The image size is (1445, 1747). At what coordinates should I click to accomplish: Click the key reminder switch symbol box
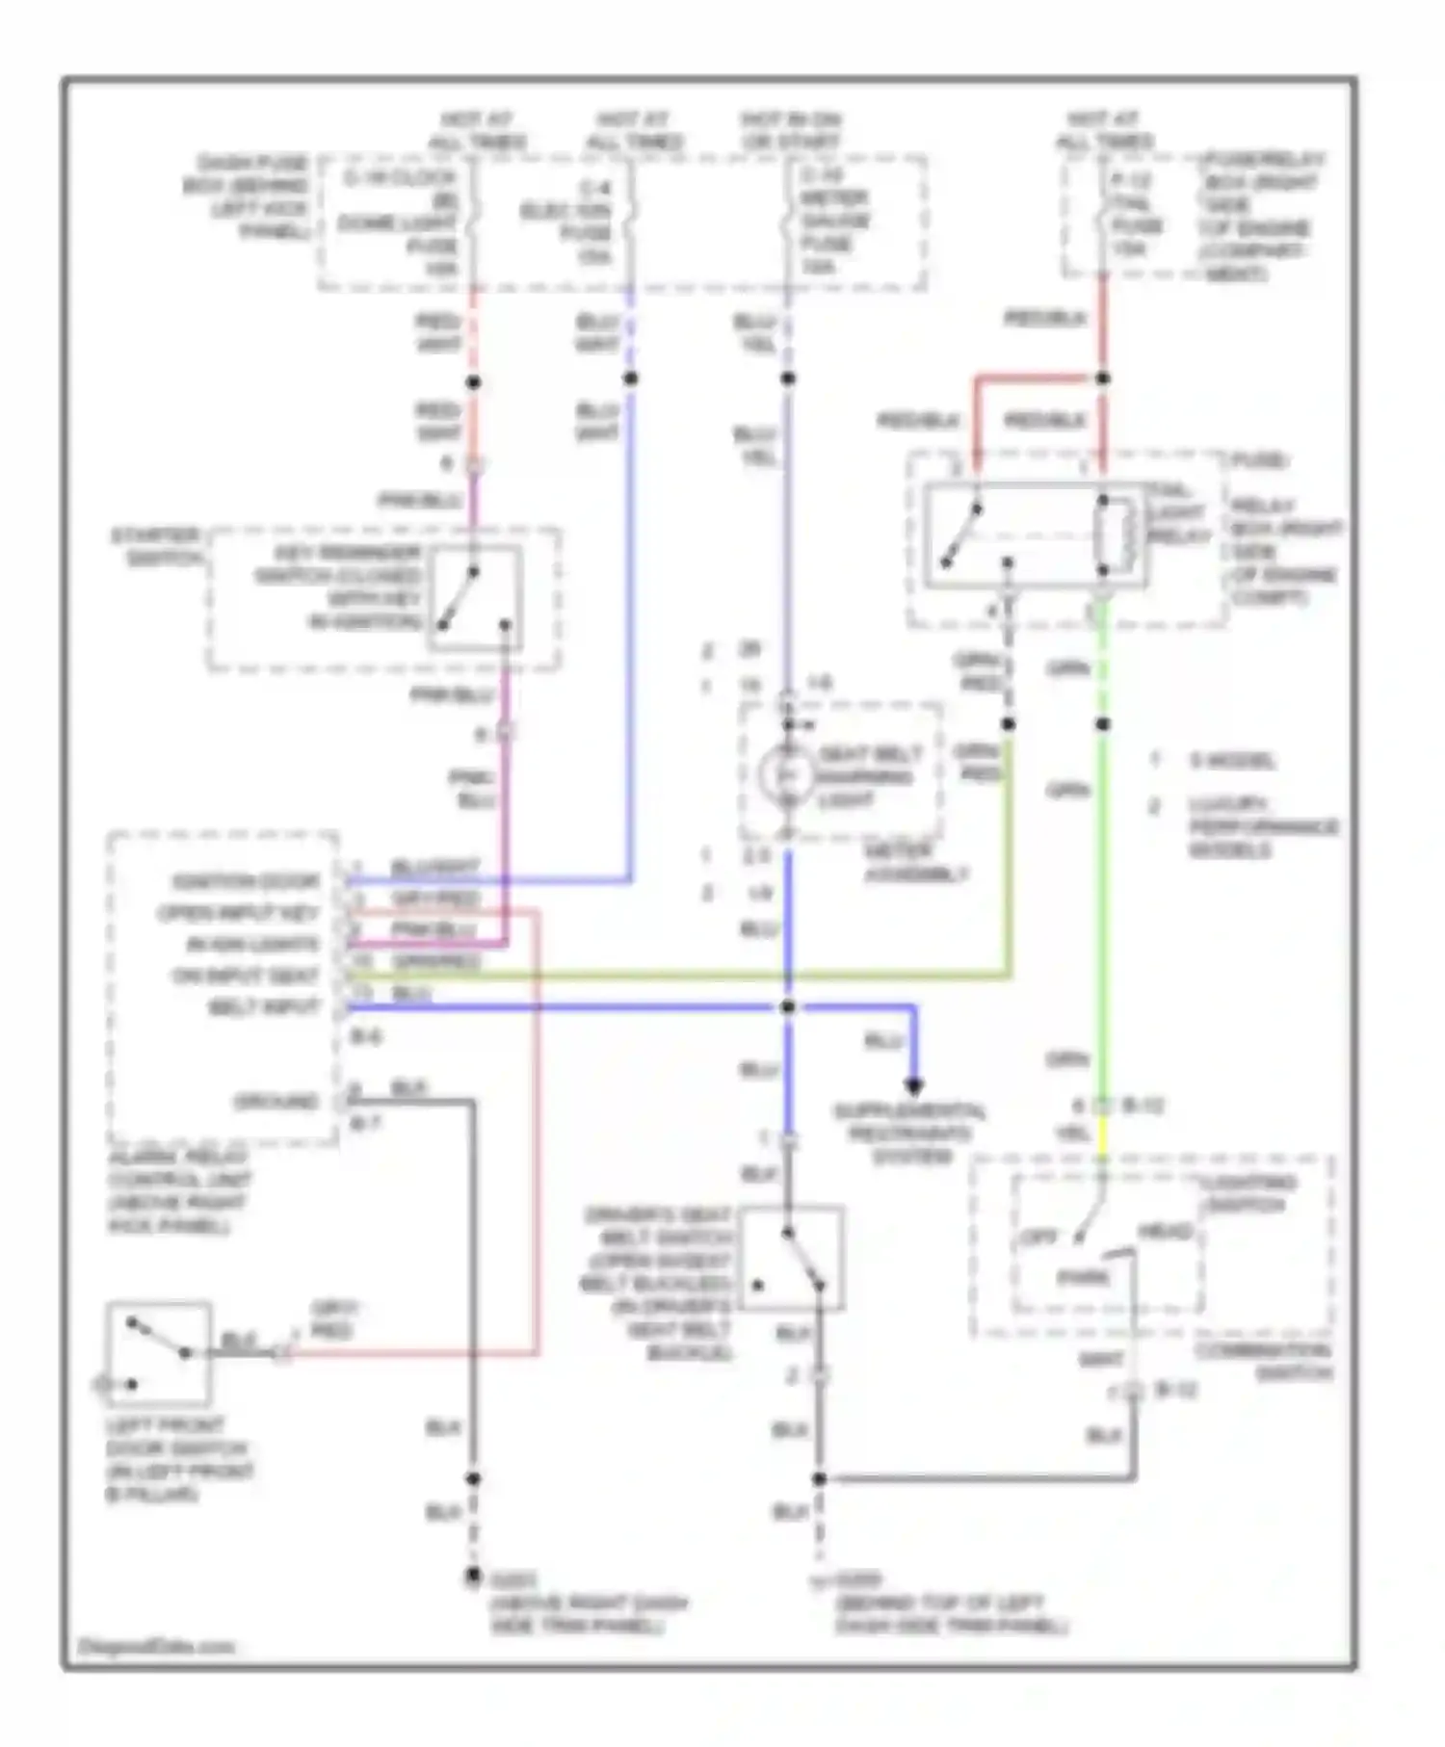pyautogui.click(x=475, y=598)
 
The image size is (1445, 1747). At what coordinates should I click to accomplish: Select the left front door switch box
pyautogui.click(x=159, y=1354)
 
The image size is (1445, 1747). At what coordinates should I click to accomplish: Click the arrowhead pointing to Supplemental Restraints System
pyautogui.click(x=914, y=1085)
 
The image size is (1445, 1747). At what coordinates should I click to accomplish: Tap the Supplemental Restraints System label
pyautogui.click(x=910, y=1134)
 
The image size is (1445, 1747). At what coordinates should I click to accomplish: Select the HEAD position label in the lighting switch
pyautogui.click(x=1166, y=1232)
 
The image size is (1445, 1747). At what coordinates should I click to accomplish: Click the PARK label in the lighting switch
pyautogui.click(x=1084, y=1278)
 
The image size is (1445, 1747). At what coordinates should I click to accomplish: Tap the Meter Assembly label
pyautogui.click(x=915, y=863)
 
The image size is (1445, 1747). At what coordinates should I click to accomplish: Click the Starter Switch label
pyautogui.click(x=157, y=546)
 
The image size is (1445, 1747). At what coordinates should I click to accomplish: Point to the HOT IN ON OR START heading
pyautogui.click(x=791, y=130)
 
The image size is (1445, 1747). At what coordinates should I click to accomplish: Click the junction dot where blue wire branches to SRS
pyautogui.click(x=788, y=1007)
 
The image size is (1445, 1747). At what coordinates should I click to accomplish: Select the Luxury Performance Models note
pyautogui.click(x=1263, y=826)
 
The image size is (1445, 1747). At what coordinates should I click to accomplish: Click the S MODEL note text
pyautogui.click(x=1232, y=761)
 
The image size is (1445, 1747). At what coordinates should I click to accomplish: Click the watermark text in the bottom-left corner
pyautogui.click(x=157, y=1646)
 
